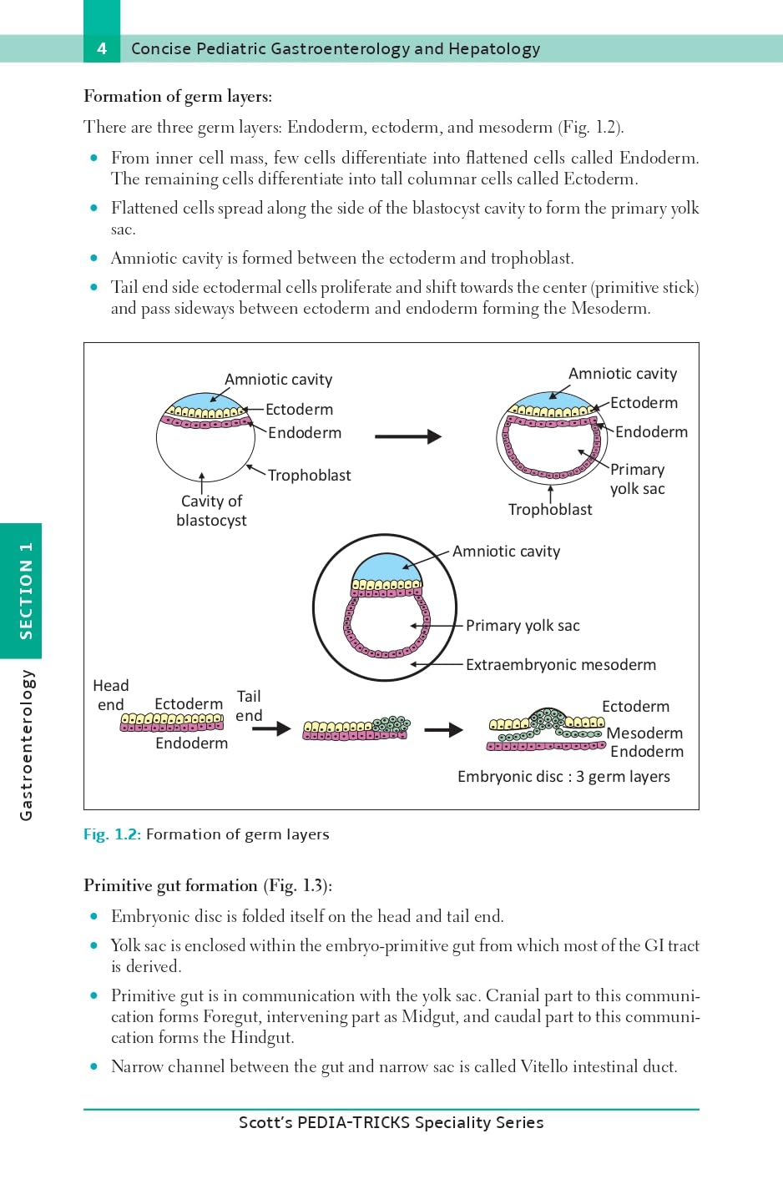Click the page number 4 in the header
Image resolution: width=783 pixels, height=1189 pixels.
coord(102,48)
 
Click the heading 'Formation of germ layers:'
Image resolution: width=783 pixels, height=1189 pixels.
coord(178,97)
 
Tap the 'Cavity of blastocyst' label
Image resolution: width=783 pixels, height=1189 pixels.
coord(211,511)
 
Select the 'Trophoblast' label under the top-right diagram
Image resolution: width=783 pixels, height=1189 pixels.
coord(550,510)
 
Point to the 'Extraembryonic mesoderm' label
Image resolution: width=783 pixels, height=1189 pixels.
coord(560,665)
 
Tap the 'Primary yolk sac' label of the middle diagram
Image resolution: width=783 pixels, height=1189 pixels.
coord(523,626)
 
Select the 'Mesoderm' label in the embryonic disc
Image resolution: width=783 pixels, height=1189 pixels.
coord(644,733)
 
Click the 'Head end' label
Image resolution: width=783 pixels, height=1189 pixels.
coord(110,695)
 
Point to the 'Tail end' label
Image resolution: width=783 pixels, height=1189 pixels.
coord(249,706)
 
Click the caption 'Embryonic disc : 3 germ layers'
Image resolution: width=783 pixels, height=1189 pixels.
coord(563,777)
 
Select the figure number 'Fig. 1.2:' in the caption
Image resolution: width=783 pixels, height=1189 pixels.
coord(112,834)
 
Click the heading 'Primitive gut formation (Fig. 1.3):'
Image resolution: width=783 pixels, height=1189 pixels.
coord(207,886)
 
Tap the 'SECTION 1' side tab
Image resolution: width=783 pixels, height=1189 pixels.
coord(25,591)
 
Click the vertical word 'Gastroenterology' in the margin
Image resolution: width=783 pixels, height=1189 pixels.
coord(27,745)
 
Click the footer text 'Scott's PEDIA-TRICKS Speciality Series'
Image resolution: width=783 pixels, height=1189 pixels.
coord(391,1123)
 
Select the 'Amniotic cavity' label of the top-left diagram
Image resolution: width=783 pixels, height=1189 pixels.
coord(278,380)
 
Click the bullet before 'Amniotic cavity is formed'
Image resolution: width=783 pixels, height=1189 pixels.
coord(93,259)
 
